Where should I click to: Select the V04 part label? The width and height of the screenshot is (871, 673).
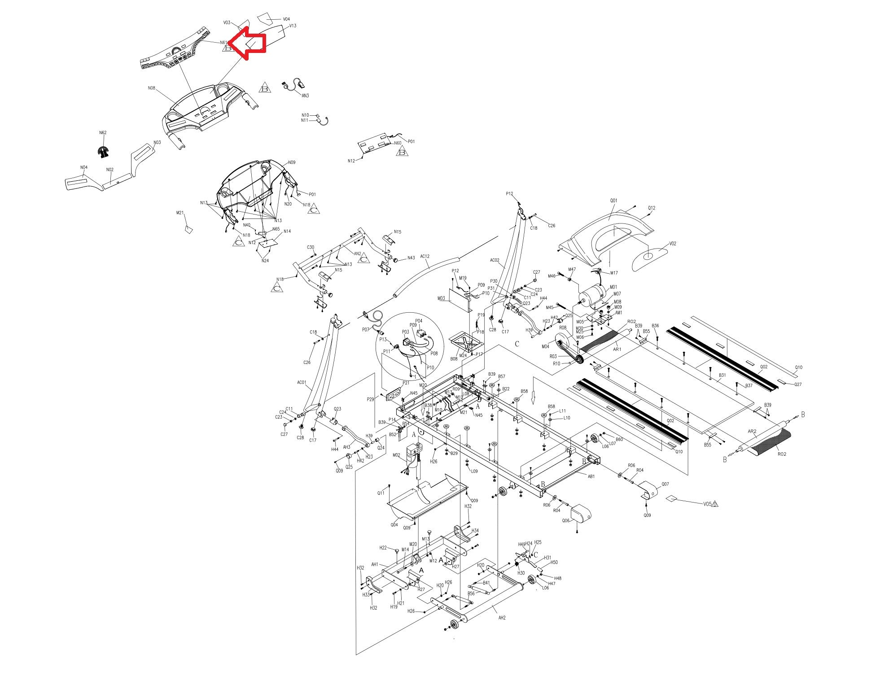286,19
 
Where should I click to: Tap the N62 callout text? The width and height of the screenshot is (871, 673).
103,133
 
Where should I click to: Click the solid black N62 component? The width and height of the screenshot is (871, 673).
104,152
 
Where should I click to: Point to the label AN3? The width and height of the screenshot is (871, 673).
305,96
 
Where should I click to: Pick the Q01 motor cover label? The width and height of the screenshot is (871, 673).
613,201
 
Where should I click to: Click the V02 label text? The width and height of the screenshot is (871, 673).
673,244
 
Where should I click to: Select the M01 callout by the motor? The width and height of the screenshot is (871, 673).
613,287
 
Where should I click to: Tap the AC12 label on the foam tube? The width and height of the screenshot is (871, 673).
425,257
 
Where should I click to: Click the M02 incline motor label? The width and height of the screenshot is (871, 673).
396,455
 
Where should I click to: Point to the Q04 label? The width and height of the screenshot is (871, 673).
394,524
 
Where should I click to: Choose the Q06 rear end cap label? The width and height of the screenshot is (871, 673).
565,520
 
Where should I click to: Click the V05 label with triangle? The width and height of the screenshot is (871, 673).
708,503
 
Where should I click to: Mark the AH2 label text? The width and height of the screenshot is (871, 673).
502,618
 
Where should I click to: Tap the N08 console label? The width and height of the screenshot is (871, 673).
151,88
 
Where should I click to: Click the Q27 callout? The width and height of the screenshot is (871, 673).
798,385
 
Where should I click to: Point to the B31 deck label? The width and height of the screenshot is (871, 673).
722,375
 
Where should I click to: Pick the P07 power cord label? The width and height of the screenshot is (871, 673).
365,329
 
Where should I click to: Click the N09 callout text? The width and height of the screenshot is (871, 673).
292,162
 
